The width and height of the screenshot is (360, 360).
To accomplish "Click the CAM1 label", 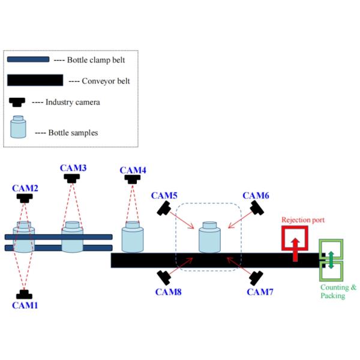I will [x=25, y=305].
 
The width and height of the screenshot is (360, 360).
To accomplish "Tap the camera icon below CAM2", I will [x=25, y=198].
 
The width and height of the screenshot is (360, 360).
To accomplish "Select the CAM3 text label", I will [x=73, y=168].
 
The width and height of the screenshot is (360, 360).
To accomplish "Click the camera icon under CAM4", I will [x=133, y=179].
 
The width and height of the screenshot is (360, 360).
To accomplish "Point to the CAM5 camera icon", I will [x=164, y=208].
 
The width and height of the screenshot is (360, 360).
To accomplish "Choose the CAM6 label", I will [x=256, y=196].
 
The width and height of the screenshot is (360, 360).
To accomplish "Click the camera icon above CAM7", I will [x=257, y=278].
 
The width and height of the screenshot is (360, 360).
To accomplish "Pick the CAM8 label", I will [x=168, y=292].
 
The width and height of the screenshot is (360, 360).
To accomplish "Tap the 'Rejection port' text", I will [x=303, y=220].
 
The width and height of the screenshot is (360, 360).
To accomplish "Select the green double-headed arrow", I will [x=331, y=260].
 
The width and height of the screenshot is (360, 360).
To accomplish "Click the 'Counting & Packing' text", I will [x=338, y=292].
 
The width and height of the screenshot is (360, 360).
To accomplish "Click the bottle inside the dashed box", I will [x=209, y=238].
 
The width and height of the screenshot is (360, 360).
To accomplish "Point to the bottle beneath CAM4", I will [x=133, y=237].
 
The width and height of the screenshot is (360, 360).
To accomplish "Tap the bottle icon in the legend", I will [x=19, y=127].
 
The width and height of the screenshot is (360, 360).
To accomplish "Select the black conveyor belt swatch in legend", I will [x=35, y=80].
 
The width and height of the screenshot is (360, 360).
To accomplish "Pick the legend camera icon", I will [x=18, y=103].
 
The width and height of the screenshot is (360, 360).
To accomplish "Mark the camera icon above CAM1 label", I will [x=25, y=294].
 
